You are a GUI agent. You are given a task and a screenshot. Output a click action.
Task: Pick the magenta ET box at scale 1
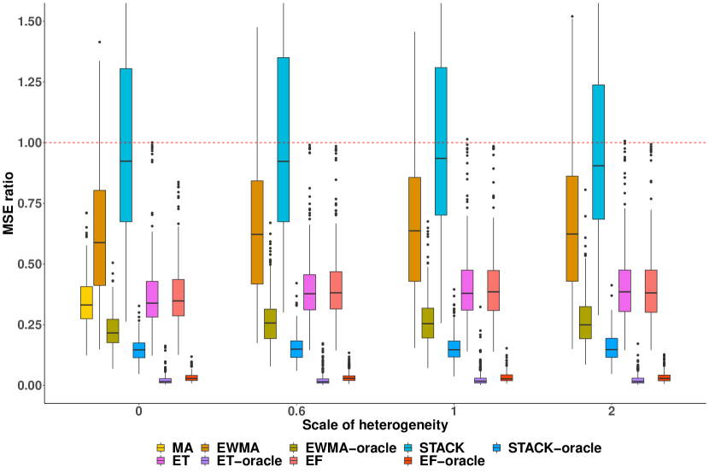pos(467,289)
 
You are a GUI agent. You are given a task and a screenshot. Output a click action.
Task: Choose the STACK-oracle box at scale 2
pos(612,347)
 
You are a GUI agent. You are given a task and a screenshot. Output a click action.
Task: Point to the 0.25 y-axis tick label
pos(25,325)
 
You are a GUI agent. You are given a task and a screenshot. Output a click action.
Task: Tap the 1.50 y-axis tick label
pos(25,20)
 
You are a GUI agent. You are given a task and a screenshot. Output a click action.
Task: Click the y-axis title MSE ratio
pos(10,203)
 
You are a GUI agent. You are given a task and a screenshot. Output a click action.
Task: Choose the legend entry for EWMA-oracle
pos(352,447)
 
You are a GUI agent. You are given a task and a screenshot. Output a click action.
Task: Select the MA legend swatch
pos(161,447)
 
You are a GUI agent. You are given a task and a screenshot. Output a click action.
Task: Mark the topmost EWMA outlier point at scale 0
pos(99,41)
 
